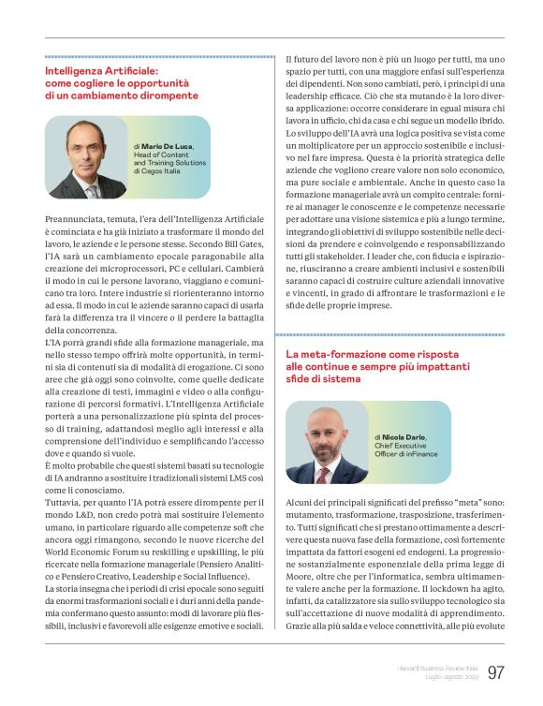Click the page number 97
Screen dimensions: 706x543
point(497,673)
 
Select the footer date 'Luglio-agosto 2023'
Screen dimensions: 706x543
point(447,678)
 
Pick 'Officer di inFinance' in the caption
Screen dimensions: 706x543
point(408,455)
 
